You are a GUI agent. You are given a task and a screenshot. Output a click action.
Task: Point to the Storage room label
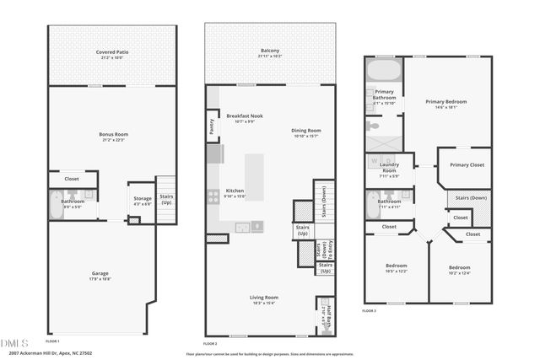tap(142, 199)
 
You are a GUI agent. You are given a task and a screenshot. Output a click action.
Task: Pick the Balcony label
tap(270, 53)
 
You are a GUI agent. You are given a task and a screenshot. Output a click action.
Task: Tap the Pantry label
tap(212, 126)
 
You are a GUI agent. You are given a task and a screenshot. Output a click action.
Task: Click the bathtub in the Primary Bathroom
tap(384, 70)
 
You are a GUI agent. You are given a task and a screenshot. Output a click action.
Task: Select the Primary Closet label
tap(467, 164)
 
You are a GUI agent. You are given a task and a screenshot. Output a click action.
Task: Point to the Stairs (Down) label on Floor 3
tap(471, 198)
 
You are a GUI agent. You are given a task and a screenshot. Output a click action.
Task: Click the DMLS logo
tap(15, 342)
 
